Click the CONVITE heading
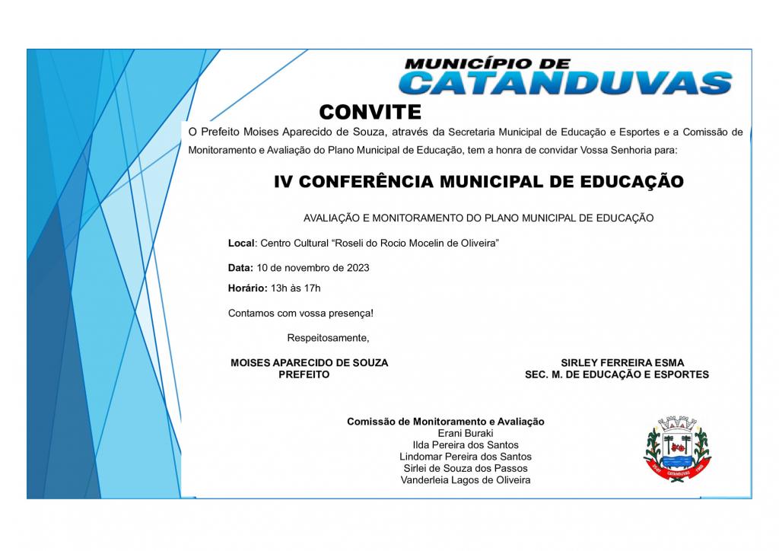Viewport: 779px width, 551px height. (x=370, y=113)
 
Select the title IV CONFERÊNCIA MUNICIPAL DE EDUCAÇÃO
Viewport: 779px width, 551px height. (x=479, y=182)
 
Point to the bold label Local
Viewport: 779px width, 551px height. (x=241, y=243)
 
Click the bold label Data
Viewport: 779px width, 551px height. (x=240, y=268)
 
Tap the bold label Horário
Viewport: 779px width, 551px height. (x=247, y=288)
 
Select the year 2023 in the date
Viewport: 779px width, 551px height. (x=358, y=268)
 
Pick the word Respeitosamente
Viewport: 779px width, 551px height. (x=328, y=337)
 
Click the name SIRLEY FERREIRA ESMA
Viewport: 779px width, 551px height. (x=622, y=363)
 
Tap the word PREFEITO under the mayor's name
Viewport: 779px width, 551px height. (x=304, y=374)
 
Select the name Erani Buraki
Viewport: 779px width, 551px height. (x=466, y=433)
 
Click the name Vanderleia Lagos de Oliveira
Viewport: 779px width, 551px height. (x=466, y=480)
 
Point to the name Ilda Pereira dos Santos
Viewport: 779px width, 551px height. (x=466, y=444)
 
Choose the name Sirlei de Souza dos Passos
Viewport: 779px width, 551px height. (x=466, y=468)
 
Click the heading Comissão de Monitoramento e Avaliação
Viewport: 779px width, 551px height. (x=446, y=422)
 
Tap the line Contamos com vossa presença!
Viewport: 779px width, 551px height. (x=300, y=313)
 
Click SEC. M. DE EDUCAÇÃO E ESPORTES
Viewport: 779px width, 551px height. (x=616, y=374)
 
